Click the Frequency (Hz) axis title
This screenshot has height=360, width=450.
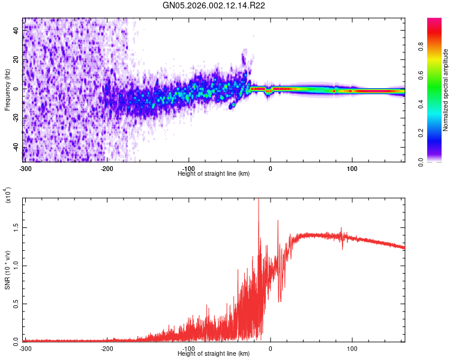pos(7,90)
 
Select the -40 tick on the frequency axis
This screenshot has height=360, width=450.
pos(17,147)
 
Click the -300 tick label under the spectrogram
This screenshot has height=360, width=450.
pos(25,168)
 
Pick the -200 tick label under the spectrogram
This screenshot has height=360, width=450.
pos(107,168)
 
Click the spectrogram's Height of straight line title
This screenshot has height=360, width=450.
pos(214,173)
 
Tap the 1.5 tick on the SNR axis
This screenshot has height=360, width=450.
pos(17,228)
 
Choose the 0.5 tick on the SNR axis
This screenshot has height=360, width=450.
pos(17,304)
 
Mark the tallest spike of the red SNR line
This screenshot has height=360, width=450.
pos(259,200)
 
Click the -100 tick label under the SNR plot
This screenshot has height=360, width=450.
pos(189,347)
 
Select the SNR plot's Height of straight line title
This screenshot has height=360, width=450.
pos(214,353)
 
